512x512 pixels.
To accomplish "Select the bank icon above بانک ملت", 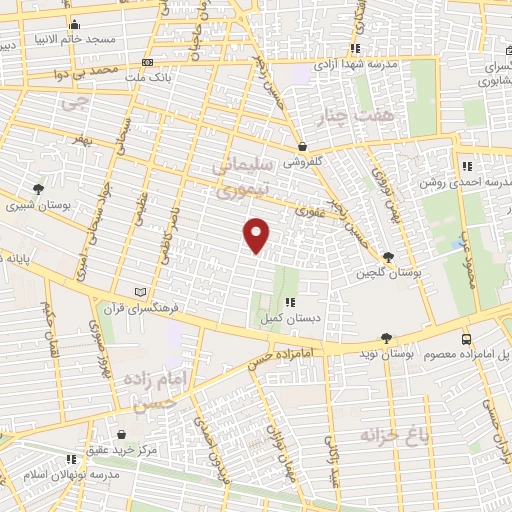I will tap(176, 61).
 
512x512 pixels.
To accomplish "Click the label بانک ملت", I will tap(156, 75).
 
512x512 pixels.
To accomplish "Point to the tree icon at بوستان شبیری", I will tap(39, 188).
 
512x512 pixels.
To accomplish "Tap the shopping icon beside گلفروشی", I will tap(302, 145).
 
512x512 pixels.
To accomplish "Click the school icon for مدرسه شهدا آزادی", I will tap(356, 47).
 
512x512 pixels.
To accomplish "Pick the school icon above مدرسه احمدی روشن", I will tap(466, 165).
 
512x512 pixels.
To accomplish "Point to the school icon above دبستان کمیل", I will tap(289, 302).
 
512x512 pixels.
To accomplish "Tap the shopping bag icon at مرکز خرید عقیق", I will tap(120, 435).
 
